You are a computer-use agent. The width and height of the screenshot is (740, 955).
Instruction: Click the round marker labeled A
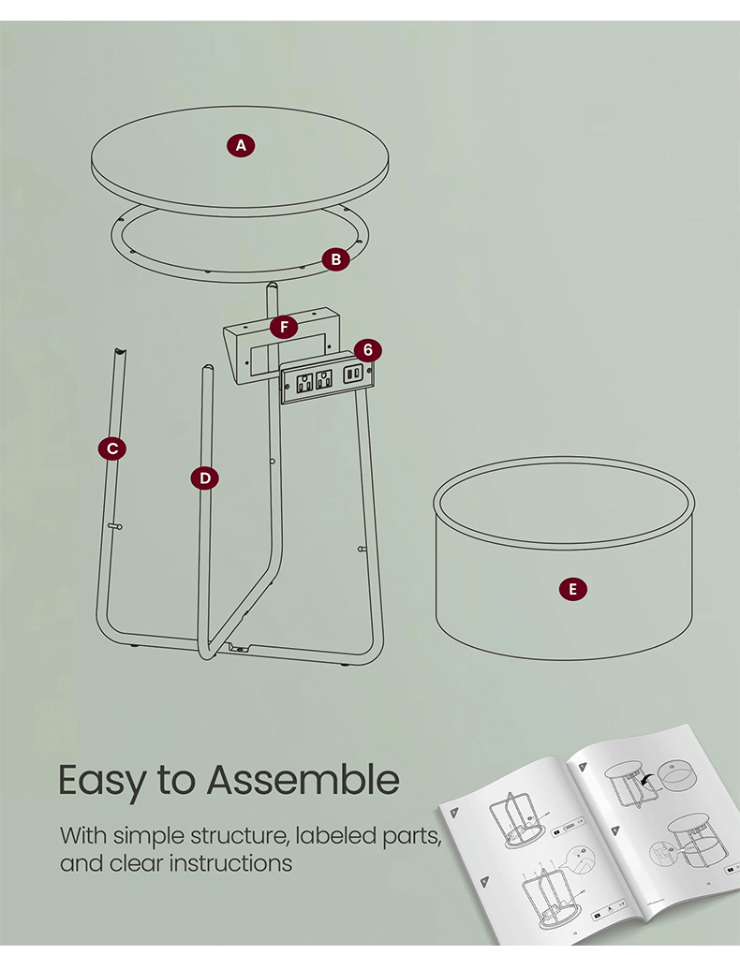coord(241,145)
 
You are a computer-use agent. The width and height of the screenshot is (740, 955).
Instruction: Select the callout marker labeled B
coord(336,259)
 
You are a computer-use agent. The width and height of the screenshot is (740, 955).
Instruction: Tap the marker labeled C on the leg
coord(112,448)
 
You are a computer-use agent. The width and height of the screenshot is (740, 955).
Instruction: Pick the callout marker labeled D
coord(205,478)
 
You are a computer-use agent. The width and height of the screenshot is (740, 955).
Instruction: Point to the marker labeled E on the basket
coord(572,589)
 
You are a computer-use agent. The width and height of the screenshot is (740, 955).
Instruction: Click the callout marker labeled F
coord(283,327)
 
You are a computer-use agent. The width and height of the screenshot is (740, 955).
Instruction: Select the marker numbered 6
coord(368,350)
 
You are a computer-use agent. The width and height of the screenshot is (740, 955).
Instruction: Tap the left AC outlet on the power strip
coord(304,382)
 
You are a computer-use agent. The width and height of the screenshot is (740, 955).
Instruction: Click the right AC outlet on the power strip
coord(324,379)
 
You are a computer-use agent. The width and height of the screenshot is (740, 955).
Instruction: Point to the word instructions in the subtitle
coord(231,862)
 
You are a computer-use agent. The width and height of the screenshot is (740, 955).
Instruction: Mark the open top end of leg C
coord(119,351)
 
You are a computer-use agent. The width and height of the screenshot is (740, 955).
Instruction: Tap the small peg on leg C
coord(116,526)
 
